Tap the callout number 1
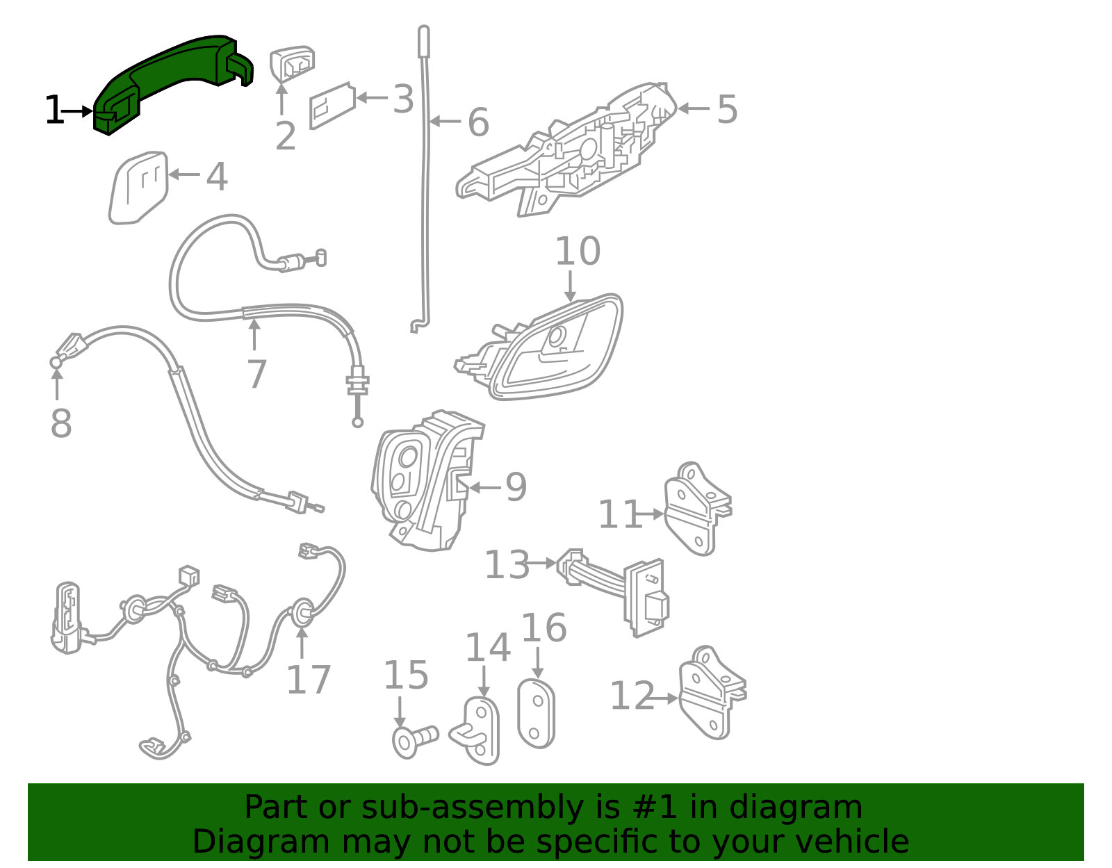[53, 111]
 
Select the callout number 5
[727, 110]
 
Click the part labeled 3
[332, 106]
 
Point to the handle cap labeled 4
[139, 188]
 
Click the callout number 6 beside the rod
[478, 123]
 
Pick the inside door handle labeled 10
[556, 347]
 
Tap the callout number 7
[256, 375]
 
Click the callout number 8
[61, 423]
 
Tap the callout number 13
[506, 565]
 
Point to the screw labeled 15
[414, 739]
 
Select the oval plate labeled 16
[536, 714]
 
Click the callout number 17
[308, 680]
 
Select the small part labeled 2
[292, 64]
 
